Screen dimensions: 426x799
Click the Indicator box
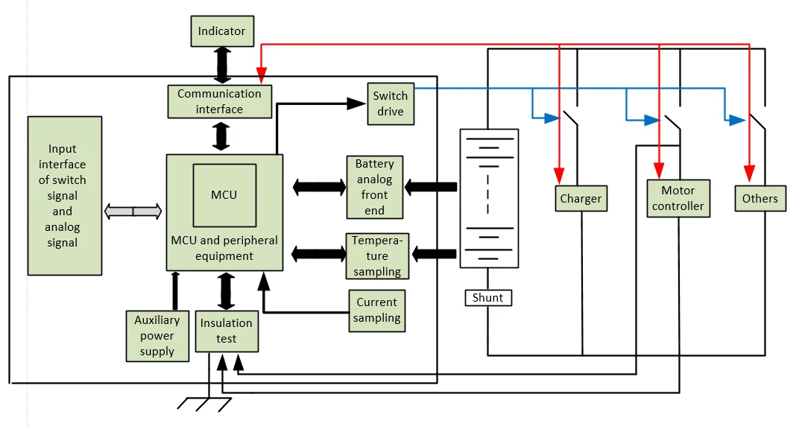pos(221,31)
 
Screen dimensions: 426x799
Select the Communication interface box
pos(219,101)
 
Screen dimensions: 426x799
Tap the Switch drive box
pos(391,104)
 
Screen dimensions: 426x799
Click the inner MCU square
pos(224,195)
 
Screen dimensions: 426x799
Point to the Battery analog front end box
pos(374,187)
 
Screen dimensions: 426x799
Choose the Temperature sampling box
pos(376,255)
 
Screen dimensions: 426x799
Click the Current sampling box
pos(377,310)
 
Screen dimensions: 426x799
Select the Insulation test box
pos(227,331)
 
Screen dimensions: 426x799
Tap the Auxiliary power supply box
pos(157,335)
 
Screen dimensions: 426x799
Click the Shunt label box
pos(488,298)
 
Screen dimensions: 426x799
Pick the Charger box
pos(581,199)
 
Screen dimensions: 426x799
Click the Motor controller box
pos(678,198)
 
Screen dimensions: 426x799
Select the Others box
pos(759,199)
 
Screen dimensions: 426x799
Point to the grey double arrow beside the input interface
pos(133,212)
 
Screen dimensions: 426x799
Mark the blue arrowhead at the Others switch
pos(739,119)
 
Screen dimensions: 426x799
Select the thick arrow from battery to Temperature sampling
pos(434,254)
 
